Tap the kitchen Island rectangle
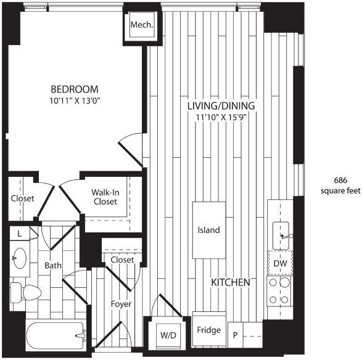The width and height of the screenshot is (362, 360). (208, 230)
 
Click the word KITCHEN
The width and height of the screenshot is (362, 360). (230, 282)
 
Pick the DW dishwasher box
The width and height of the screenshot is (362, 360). (281, 263)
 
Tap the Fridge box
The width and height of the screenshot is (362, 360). (208, 330)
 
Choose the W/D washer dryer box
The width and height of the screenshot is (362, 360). (168, 336)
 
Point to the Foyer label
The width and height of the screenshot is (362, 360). (121, 303)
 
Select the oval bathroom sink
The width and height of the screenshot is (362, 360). (20, 257)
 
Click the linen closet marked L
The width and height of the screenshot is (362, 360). (20, 234)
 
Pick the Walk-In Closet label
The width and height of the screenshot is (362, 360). (105, 197)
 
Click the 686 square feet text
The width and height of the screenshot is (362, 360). (340, 185)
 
